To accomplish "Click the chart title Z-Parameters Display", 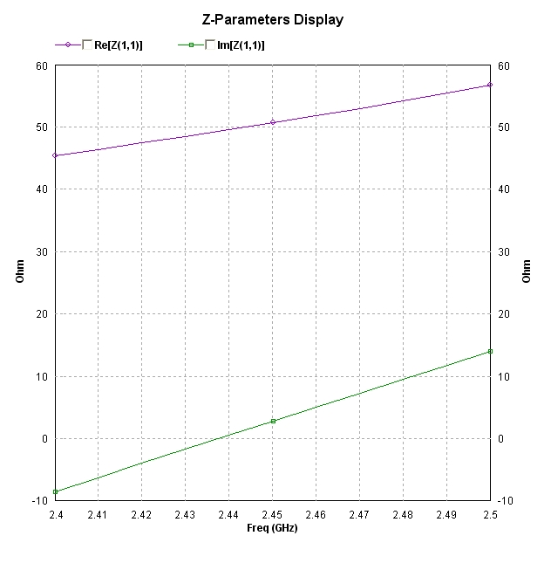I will click(x=272, y=18).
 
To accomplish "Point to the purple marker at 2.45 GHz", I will click(x=273, y=122).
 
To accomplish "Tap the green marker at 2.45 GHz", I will click(x=273, y=421).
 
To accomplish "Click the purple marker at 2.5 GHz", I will click(x=490, y=85).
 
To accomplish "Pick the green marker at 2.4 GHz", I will click(x=55, y=491).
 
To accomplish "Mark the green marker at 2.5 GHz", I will click(x=490, y=351).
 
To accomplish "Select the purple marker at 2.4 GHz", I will click(x=55, y=155).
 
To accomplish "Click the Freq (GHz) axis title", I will click(x=272, y=528).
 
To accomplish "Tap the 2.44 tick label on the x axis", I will click(x=228, y=515).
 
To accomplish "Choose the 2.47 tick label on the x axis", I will click(x=359, y=515).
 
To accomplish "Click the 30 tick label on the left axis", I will click(x=41, y=251).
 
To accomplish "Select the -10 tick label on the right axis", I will click(x=507, y=501).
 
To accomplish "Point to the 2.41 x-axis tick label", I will click(x=98, y=515).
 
